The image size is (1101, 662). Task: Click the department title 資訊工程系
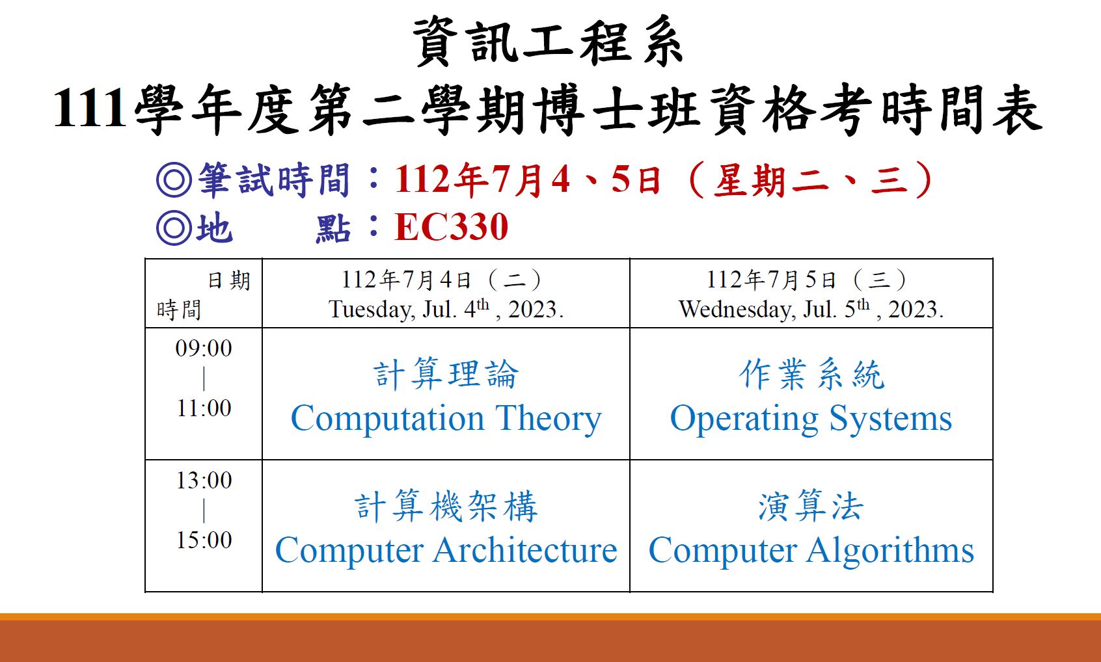click(548, 41)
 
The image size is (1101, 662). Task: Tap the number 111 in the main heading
click(89, 108)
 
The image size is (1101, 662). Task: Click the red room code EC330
click(451, 227)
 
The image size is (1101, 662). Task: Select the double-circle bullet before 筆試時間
click(174, 179)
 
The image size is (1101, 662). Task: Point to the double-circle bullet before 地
click(174, 228)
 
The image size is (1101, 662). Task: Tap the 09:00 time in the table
click(204, 348)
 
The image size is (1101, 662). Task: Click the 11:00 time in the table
click(204, 408)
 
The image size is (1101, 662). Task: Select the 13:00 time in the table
click(204, 481)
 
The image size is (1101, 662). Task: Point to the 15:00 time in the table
click(204, 540)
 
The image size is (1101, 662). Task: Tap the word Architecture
click(525, 550)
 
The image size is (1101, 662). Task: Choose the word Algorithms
click(890, 551)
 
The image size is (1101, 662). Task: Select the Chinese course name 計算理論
click(446, 374)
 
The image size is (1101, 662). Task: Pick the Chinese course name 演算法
click(811, 506)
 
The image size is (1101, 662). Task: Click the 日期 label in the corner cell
click(229, 281)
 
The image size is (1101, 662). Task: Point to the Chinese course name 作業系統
click(811, 374)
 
